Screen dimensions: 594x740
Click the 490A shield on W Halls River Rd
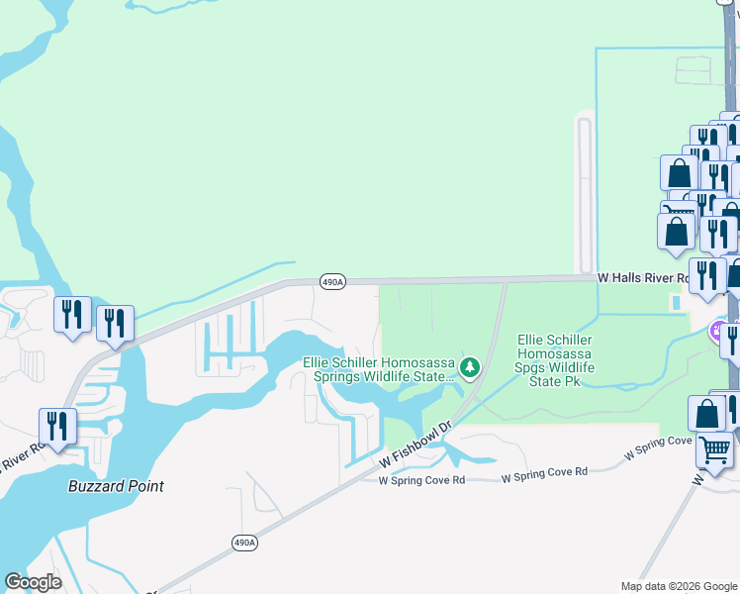[332, 282]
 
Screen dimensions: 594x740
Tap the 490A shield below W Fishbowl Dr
[244, 543]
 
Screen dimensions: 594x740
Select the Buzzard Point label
[116, 486]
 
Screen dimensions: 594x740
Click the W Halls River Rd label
[648, 280]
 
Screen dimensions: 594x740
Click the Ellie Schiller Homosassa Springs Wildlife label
[381, 369]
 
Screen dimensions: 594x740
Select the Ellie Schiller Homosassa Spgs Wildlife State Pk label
[560, 360]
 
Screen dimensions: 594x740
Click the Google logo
[33, 582]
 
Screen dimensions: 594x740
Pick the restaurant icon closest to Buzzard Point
[57, 426]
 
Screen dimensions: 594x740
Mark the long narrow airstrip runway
[584, 194]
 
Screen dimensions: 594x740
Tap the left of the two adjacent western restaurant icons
[72, 314]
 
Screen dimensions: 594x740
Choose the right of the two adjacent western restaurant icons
[115, 322]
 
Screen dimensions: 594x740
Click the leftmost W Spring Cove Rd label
[421, 480]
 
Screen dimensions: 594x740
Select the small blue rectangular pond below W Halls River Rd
[676, 302]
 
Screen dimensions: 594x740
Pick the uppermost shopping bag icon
[679, 172]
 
